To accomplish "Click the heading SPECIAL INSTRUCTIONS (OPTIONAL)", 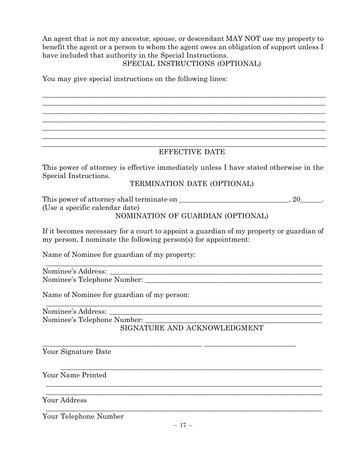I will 191,64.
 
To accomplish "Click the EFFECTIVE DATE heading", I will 192,152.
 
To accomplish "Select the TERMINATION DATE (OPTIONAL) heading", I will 192,184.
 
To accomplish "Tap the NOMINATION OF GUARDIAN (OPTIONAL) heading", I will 192,216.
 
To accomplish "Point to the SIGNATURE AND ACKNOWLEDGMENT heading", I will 192,328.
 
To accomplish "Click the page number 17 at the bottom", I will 183,425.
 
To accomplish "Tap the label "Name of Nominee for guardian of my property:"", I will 119,255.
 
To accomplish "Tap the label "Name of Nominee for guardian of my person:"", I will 116,295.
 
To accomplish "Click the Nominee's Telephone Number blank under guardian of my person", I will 233,321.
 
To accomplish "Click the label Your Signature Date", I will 77,352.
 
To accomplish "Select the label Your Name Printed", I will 75,375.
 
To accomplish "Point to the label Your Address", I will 64,400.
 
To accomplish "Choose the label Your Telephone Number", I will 83,416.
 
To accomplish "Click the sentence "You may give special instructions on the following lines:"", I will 135,80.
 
